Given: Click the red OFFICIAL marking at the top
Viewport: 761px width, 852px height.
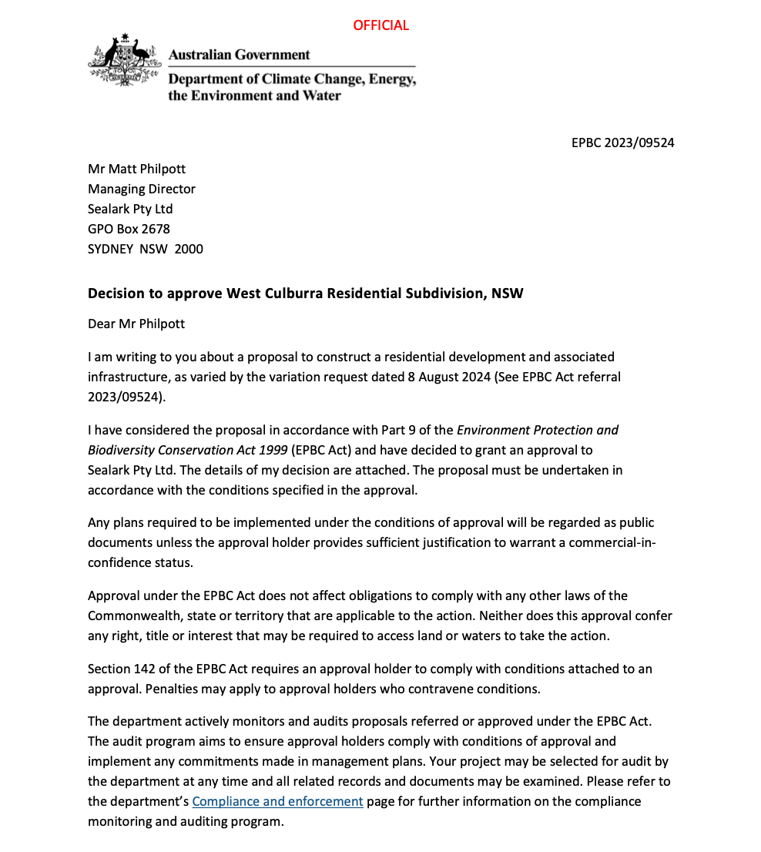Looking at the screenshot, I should (380, 25).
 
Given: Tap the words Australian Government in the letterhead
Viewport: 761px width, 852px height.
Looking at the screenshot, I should (239, 55).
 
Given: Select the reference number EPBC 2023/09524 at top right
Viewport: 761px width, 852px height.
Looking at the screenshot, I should (623, 143).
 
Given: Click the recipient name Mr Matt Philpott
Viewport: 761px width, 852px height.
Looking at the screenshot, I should (136, 169).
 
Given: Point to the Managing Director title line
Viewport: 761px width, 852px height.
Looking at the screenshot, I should (142, 189).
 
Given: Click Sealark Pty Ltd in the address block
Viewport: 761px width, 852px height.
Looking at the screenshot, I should (130, 209).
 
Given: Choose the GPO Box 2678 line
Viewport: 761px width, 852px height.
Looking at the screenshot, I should (129, 229).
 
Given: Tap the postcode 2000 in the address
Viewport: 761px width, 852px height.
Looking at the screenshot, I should (189, 249).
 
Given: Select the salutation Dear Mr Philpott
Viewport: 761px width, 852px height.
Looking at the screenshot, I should (136, 324).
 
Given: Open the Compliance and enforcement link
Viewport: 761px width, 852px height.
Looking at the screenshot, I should (277, 801).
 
